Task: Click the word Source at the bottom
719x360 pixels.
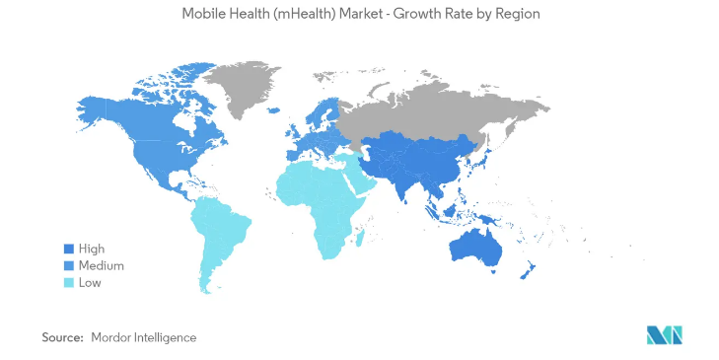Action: click(61, 337)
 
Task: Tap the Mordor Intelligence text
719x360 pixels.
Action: click(143, 337)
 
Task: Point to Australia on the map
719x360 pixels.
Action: click(476, 244)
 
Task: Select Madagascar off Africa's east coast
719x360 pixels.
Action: click(361, 235)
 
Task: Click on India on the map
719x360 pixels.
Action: click(408, 180)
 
